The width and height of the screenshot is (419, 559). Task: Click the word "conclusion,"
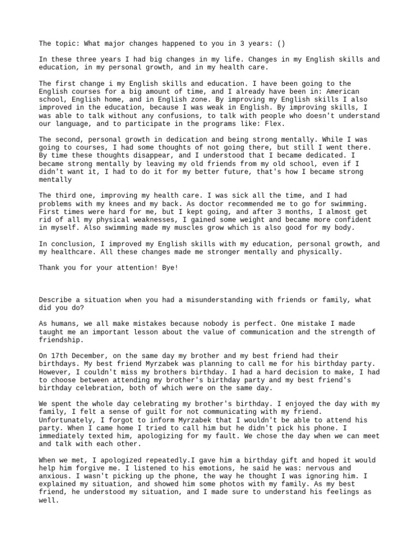[x=73, y=244]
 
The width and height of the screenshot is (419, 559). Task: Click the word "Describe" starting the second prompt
[x=55, y=300]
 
